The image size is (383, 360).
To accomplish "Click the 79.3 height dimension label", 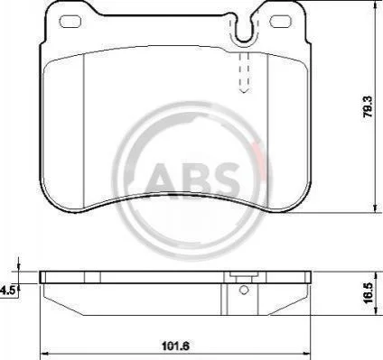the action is pos(368,107).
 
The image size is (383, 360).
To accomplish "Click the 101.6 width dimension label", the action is pos(175,346).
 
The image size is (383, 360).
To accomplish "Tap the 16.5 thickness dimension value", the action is pos(368,293).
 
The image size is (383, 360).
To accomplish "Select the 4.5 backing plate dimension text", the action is pos(6,291).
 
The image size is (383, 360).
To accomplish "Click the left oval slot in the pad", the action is pos(70,22).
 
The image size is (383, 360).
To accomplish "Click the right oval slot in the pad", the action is pos(281,22).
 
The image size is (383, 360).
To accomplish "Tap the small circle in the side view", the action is pos(244,290).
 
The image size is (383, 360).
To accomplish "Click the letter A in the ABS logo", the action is pos(161,179).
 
